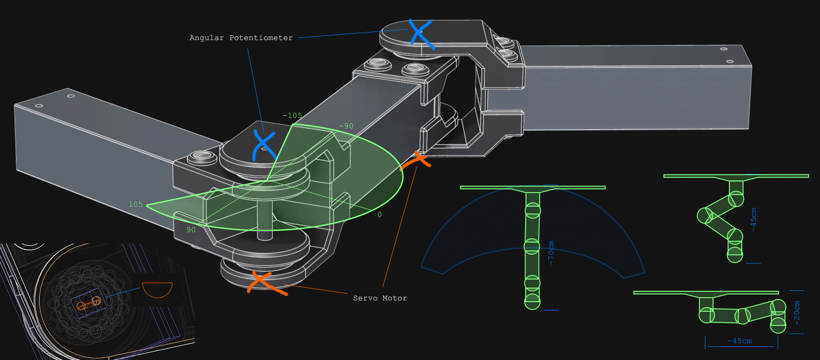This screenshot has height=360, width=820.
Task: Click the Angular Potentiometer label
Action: [x=241, y=38]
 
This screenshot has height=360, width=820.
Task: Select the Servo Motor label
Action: [x=380, y=298]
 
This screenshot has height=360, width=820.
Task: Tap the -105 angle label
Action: [x=292, y=116]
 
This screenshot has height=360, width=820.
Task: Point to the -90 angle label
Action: [x=346, y=126]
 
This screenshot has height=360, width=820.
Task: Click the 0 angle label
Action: [x=380, y=215]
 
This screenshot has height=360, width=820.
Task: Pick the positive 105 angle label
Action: [x=136, y=204]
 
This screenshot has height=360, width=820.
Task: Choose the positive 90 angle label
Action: [x=191, y=230]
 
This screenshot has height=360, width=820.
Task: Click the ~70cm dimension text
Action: [x=551, y=253]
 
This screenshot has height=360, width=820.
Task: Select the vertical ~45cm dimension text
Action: [x=754, y=219]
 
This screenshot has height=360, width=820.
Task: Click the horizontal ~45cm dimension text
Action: [x=739, y=341]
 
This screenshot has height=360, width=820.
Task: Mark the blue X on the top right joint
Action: [x=420, y=34]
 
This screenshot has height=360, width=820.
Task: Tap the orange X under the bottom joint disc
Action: [x=266, y=282]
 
